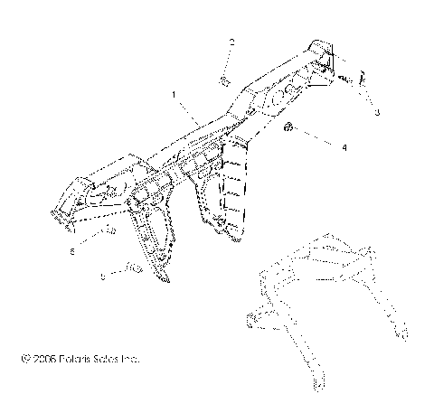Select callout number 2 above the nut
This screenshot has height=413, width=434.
point(231,42)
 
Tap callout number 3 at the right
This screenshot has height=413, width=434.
point(377,112)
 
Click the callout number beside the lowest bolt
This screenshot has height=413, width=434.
point(102,277)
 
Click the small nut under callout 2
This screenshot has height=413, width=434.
point(222,81)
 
